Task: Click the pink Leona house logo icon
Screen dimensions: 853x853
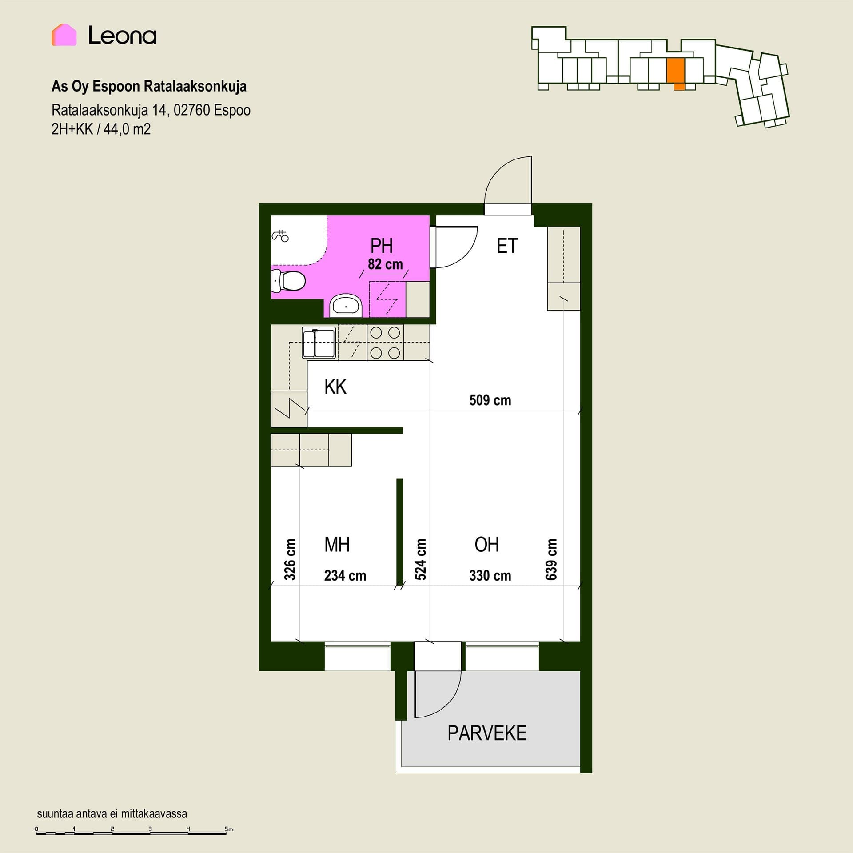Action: [x=64, y=35]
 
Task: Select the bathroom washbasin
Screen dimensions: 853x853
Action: [x=346, y=306]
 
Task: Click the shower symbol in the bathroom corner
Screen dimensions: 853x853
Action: [x=280, y=236]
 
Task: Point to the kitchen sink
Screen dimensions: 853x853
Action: [x=319, y=342]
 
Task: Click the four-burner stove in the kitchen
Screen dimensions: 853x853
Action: [x=385, y=343]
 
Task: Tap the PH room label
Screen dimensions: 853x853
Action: [x=381, y=246]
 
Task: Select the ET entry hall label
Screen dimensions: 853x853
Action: [x=507, y=246]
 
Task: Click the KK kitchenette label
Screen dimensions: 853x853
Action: [x=335, y=387]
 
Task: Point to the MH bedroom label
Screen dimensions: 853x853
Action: [x=337, y=545]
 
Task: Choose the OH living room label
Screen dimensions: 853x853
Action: [x=486, y=545]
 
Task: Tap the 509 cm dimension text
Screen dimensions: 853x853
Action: [x=490, y=400]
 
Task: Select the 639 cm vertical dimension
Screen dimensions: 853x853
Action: [x=551, y=559]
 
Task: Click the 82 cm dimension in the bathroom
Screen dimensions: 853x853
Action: [x=385, y=264]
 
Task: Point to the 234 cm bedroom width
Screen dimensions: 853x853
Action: [x=345, y=576]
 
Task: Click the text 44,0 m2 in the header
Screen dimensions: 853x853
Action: [x=127, y=129]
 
